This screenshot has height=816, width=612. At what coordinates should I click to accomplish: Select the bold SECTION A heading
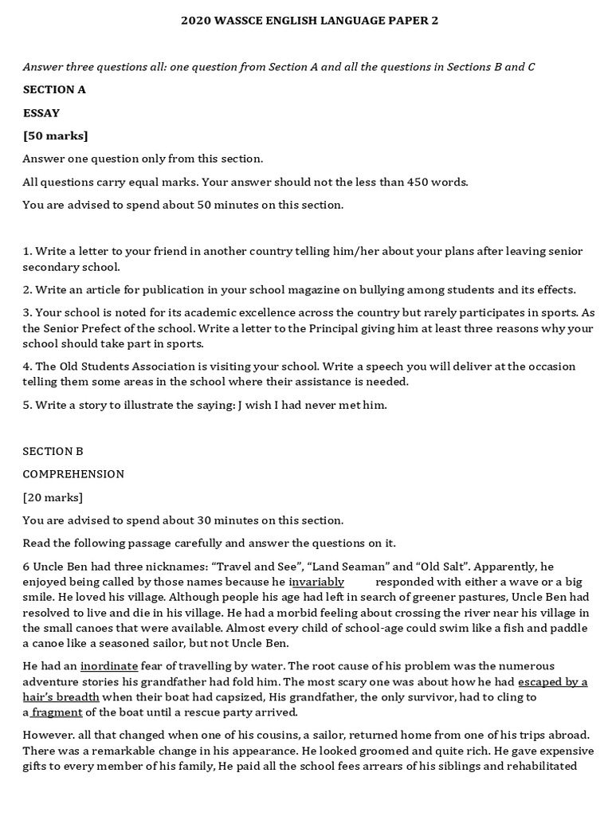click(54, 89)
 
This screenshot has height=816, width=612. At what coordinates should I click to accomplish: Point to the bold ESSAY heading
click(41, 112)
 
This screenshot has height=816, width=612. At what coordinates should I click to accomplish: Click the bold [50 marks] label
click(56, 135)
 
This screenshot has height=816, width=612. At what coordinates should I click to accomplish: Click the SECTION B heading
click(53, 451)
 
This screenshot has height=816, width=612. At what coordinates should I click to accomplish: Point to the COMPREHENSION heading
click(73, 474)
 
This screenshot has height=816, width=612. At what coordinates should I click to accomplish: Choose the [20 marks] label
click(53, 497)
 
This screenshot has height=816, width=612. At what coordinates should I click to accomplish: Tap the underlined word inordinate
click(109, 666)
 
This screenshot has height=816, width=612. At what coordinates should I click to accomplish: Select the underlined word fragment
click(57, 712)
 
